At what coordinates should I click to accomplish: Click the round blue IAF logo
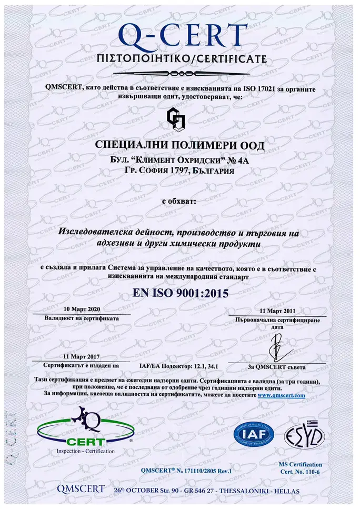click(254, 435)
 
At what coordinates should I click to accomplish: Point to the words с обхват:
click(178, 201)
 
